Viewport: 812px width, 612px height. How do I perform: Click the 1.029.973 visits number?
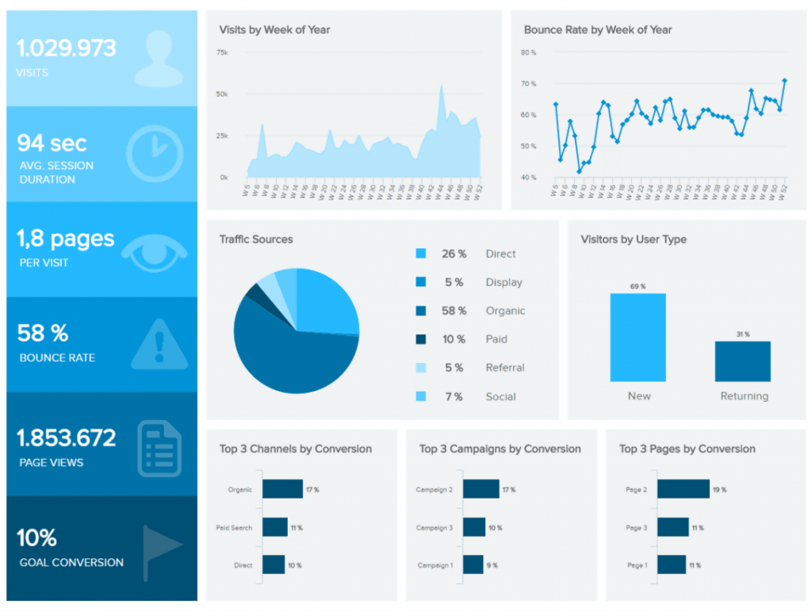coord(67,48)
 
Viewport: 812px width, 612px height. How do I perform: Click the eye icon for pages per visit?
coord(159,247)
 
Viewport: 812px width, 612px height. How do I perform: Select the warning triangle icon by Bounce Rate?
coord(159,343)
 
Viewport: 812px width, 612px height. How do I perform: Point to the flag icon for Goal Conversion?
coord(162,546)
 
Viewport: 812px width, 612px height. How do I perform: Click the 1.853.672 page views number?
coord(67,438)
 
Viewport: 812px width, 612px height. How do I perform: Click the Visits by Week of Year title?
coord(274,30)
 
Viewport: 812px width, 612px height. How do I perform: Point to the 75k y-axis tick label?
coord(222,52)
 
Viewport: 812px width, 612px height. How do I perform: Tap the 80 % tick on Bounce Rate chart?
coord(529,52)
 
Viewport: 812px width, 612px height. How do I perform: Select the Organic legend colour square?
coord(420,311)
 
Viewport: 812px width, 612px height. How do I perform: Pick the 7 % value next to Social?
coord(454,396)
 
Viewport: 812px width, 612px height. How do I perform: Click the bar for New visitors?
coord(638,338)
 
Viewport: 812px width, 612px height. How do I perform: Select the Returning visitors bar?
coord(743,361)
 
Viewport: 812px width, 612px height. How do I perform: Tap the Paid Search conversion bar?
coord(274,527)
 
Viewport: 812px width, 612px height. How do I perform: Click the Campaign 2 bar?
coord(481,489)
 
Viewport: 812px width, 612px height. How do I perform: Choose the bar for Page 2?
coord(683,489)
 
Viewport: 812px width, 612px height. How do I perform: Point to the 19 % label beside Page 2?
coord(720,490)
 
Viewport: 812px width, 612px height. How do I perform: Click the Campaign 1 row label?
coord(435,565)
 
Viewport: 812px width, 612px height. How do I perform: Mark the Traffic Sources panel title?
coord(256,239)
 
